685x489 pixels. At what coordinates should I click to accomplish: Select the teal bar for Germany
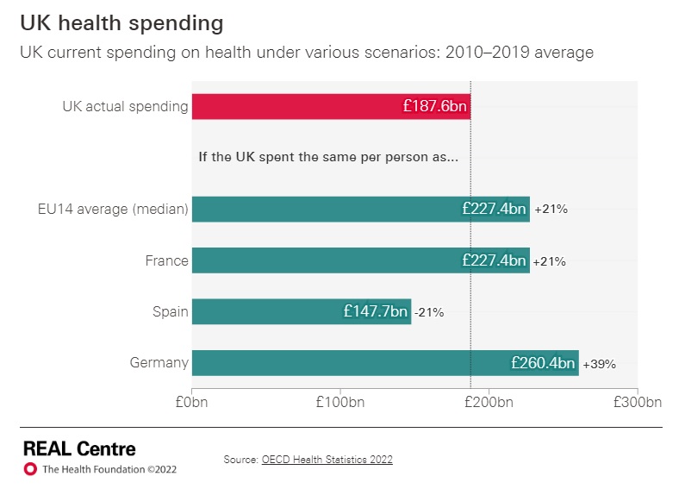(345, 363)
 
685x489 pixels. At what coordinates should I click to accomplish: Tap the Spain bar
(267, 311)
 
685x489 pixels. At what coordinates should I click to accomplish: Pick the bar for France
(327, 260)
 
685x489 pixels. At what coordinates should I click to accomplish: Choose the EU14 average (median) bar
(327, 209)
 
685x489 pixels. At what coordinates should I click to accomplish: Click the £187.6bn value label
(434, 106)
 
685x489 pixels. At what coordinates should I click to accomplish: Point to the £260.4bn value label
(543, 363)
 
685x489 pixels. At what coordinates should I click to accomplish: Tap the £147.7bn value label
(376, 311)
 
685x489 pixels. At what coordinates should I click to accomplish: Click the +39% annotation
(600, 364)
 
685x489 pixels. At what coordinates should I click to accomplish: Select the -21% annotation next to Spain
(429, 312)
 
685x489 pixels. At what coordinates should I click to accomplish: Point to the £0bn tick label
(192, 402)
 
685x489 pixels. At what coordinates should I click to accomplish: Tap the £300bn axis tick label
(637, 402)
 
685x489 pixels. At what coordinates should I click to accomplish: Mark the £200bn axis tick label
(489, 402)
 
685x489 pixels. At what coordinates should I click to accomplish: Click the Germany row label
(159, 362)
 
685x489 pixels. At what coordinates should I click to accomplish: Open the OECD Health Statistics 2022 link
(327, 460)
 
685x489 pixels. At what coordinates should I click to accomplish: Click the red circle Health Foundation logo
(30, 469)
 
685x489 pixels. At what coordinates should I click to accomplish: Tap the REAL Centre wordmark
(79, 448)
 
